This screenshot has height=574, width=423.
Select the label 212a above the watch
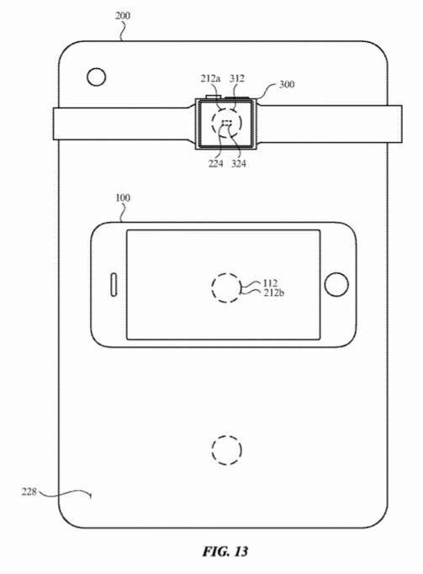click(x=210, y=80)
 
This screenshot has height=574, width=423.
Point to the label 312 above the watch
click(x=238, y=80)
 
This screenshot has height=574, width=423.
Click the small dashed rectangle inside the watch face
click(x=226, y=124)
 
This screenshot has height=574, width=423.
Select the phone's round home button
click(x=336, y=284)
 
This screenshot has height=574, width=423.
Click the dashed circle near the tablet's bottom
click(x=226, y=450)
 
